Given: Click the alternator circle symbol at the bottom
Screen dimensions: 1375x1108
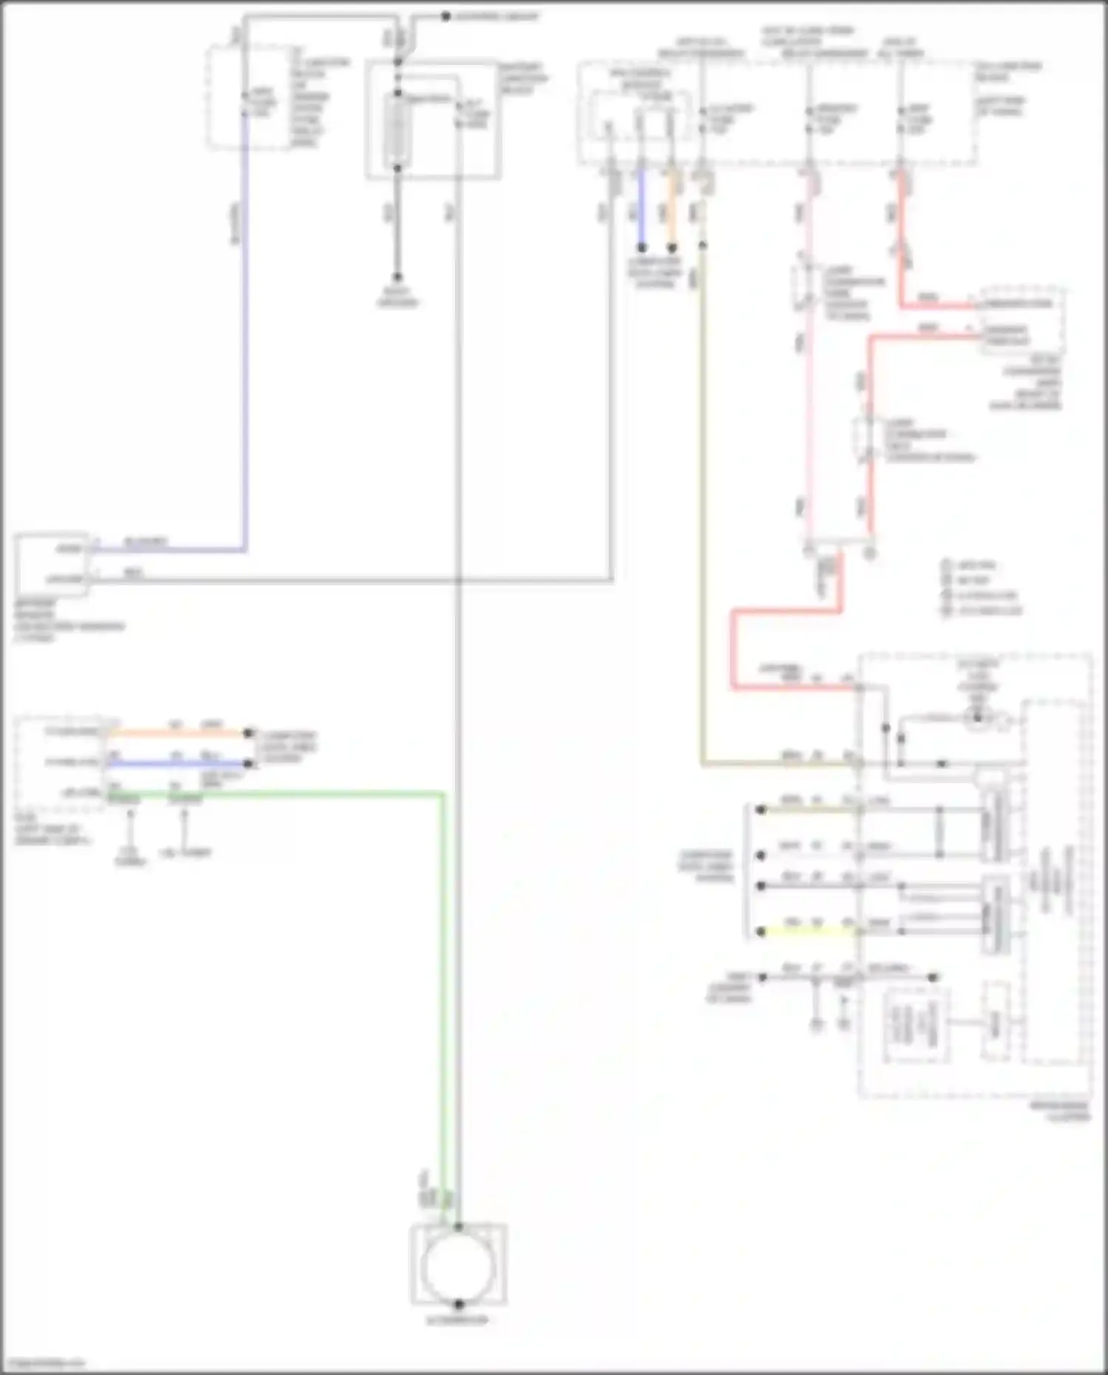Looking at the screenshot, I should click(458, 1266).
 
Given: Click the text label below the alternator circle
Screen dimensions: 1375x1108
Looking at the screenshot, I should click(458, 1320).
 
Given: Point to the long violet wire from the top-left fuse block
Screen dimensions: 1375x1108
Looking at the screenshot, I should click(244, 332).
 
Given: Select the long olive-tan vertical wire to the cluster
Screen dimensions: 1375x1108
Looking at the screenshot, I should click(702, 517).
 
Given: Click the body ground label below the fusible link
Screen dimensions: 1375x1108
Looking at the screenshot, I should click(397, 297).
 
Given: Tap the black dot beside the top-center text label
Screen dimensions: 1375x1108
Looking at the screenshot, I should click(445, 16).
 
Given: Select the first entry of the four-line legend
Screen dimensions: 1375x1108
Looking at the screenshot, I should click(975, 565).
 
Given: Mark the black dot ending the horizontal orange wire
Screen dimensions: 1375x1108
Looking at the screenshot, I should click(249, 734).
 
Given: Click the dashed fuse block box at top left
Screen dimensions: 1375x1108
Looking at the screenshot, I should click(249, 96).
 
